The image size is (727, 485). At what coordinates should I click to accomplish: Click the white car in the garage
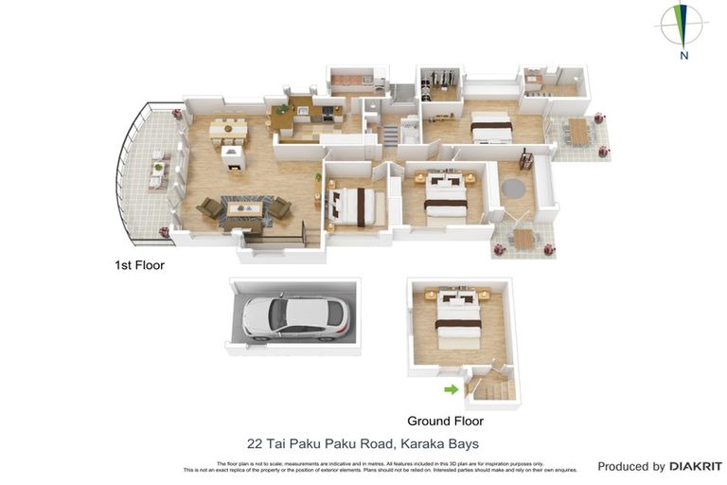(294, 316)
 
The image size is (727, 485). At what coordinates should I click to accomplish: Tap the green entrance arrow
(451, 388)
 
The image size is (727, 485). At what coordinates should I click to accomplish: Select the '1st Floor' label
(139, 265)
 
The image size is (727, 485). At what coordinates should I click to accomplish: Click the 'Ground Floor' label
(445, 421)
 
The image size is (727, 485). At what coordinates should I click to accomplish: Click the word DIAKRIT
(696, 466)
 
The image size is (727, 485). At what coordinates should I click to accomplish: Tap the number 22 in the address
(255, 443)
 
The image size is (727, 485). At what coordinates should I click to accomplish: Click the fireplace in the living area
(233, 156)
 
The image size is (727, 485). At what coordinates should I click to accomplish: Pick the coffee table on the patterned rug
(243, 207)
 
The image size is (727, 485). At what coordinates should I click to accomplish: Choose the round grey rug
(514, 188)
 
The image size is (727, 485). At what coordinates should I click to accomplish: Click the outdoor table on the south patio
(523, 239)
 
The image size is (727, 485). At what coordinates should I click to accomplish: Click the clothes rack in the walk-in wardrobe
(437, 80)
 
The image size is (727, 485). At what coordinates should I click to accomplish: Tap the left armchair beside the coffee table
(210, 207)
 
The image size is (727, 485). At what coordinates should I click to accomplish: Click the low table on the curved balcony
(157, 172)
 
